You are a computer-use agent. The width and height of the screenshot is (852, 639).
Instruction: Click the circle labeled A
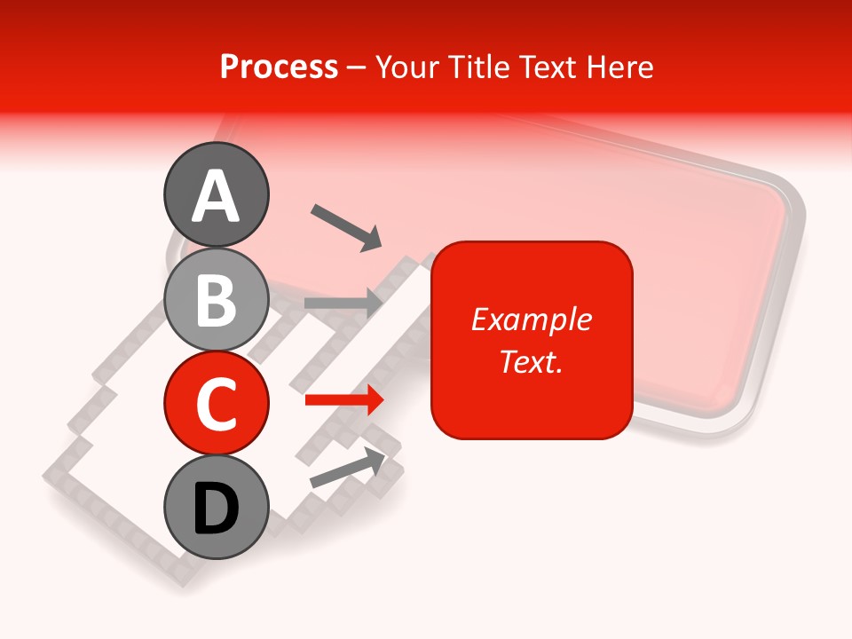pyautogui.click(x=216, y=194)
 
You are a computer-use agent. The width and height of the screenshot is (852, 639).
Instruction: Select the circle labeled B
pyautogui.click(x=216, y=299)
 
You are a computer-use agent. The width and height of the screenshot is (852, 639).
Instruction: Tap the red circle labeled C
pyautogui.click(x=216, y=403)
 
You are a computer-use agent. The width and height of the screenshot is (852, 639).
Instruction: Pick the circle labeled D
pyautogui.click(x=216, y=507)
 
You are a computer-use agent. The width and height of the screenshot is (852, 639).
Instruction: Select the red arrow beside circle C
pyautogui.click(x=344, y=400)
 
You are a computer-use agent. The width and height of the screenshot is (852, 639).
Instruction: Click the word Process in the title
pyautogui.click(x=279, y=67)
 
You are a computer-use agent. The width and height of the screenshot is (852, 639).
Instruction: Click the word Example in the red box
pyautogui.click(x=531, y=319)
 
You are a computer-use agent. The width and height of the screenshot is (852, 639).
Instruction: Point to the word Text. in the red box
pyautogui.click(x=531, y=361)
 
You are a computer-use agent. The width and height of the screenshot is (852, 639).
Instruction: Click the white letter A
pyautogui.click(x=216, y=196)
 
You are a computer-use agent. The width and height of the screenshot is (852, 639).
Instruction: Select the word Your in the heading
pyautogui.click(x=407, y=67)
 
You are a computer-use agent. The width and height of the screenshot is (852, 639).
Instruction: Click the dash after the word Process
pyautogui.click(x=357, y=67)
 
